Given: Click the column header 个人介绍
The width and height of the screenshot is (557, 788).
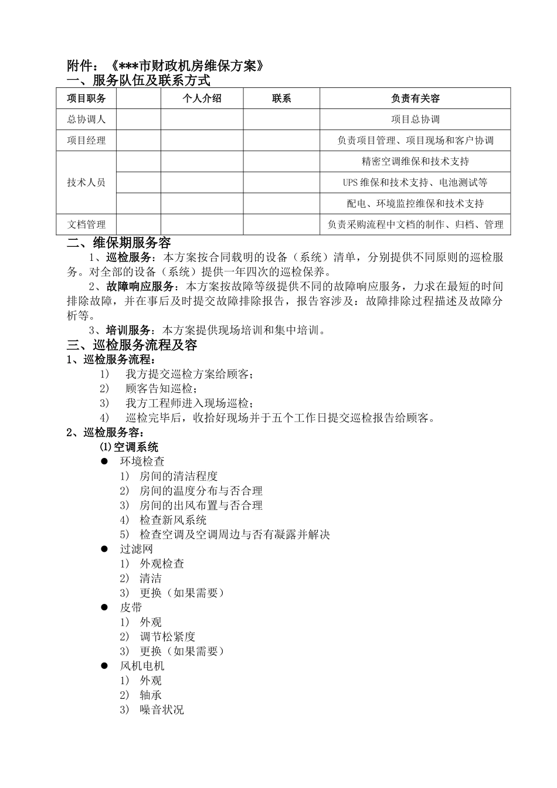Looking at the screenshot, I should [x=202, y=98].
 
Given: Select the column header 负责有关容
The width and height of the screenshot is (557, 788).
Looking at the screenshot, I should [x=415, y=98].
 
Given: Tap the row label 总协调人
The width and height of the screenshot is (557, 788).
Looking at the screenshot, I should [x=86, y=119].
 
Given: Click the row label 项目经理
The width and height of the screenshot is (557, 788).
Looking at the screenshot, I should [x=86, y=140].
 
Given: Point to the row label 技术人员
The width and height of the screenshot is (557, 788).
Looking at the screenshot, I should [x=86, y=182].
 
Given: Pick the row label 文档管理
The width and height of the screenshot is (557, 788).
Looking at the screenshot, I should [x=86, y=225].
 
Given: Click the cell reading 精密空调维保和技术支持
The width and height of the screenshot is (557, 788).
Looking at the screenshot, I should [x=415, y=161].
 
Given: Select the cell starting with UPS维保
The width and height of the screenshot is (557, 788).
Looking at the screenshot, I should [x=415, y=182].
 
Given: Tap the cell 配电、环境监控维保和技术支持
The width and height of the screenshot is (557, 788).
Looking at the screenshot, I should [x=415, y=203].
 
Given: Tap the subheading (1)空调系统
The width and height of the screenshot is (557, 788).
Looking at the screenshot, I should [x=129, y=447].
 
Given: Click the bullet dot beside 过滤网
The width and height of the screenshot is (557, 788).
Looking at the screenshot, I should [x=105, y=549].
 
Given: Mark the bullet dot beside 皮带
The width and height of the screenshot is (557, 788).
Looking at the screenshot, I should [x=105, y=607].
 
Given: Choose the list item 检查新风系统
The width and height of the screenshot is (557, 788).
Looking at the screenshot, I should [x=173, y=520].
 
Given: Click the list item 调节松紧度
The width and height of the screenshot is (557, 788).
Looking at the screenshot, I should [x=167, y=637].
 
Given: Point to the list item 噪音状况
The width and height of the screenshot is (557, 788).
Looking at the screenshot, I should [x=161, y=709].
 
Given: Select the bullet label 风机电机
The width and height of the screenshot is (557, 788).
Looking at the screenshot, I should [x=142, y=666].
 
